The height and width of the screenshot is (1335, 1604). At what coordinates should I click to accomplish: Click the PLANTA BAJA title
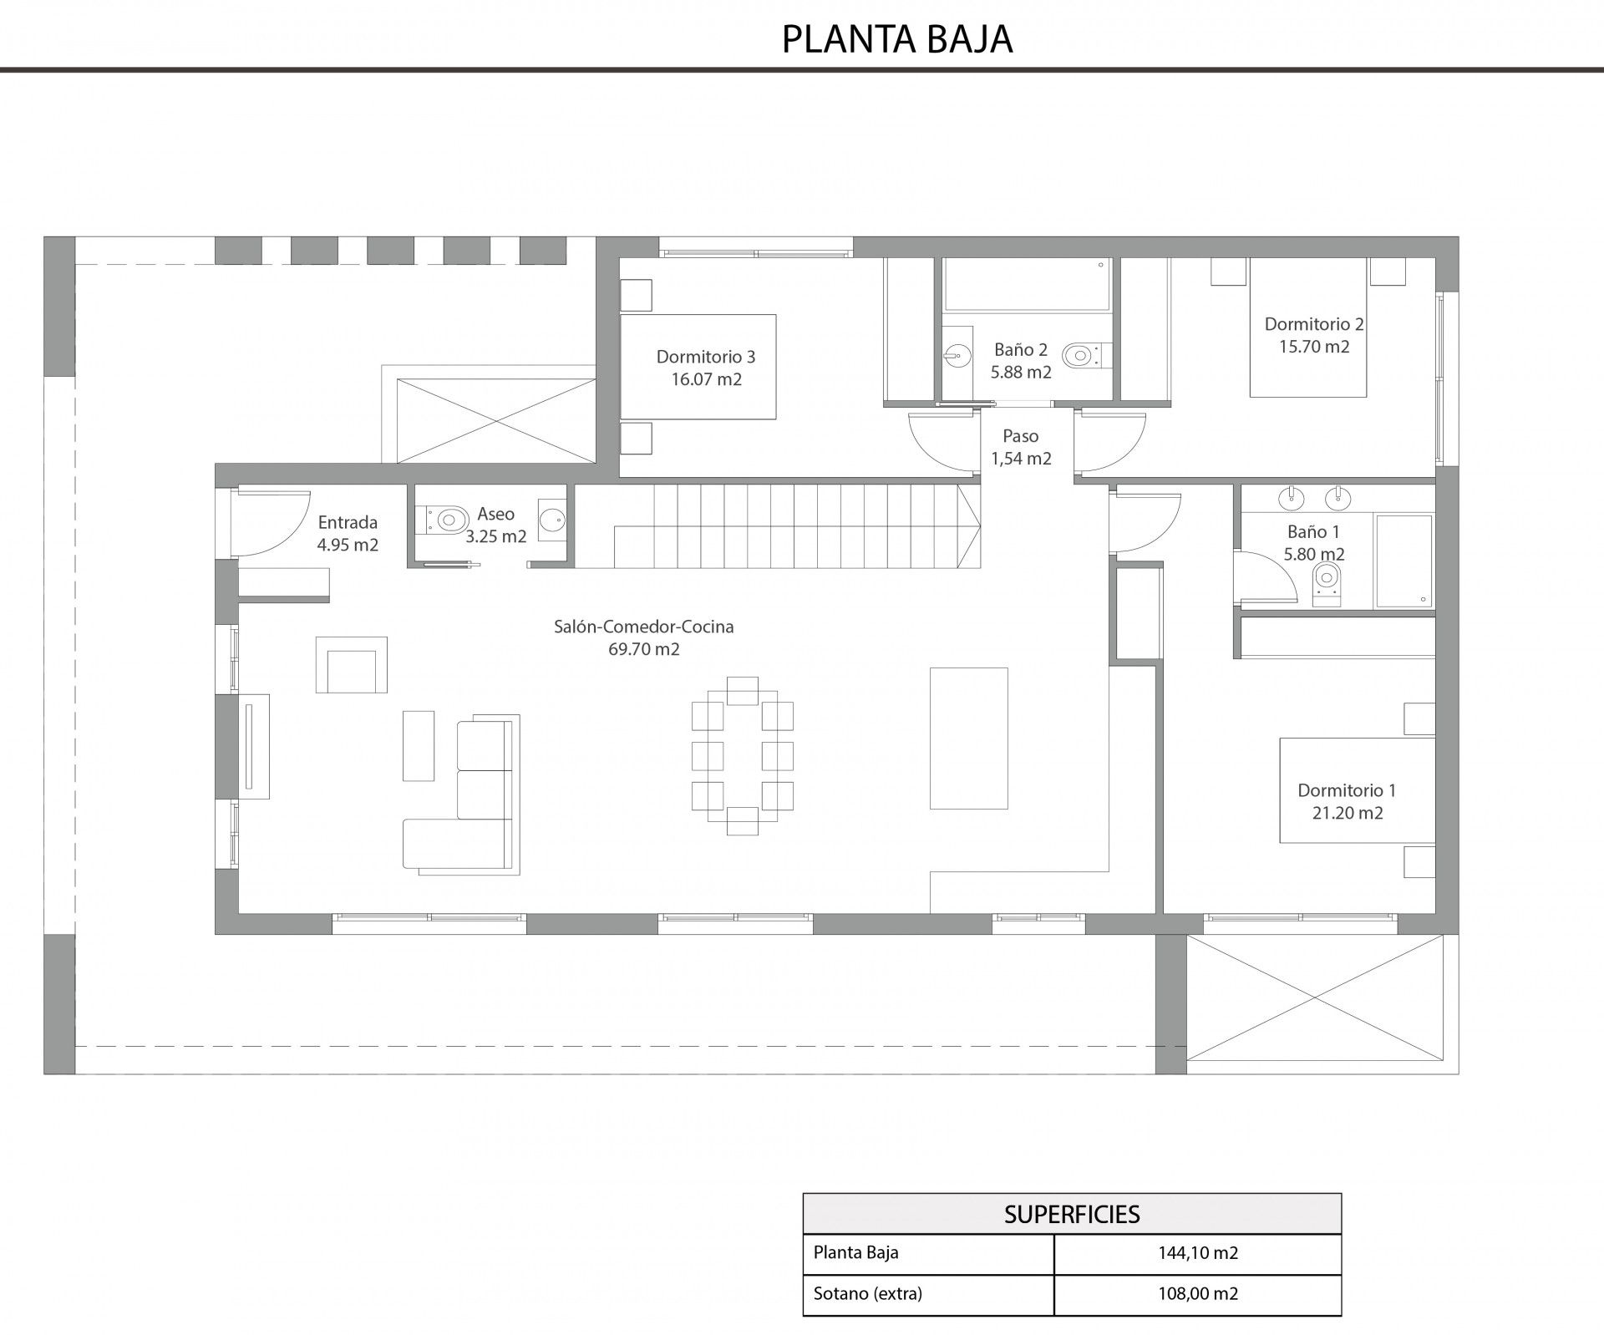(897, 39)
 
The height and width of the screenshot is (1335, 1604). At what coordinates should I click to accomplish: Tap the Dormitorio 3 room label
(706, 357)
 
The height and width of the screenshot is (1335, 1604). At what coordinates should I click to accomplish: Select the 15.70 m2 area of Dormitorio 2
(1314, 346)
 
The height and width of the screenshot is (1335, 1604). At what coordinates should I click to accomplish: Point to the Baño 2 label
(1021, 350)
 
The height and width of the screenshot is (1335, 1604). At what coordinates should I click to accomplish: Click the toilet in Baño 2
(1084, 356)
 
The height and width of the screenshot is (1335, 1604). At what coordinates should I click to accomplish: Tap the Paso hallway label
(1020, 436)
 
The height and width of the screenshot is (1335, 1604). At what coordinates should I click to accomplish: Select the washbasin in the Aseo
(552, 520)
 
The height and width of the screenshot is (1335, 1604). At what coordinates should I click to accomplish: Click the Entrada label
(348, 522)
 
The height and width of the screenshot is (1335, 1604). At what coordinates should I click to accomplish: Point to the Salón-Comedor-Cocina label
(644, 627)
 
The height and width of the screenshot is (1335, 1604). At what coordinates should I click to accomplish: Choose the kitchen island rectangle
(969, 739)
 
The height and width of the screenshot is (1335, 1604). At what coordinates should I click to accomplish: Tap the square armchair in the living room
(352, 665)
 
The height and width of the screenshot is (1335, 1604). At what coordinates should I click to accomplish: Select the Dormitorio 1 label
(1347, 790)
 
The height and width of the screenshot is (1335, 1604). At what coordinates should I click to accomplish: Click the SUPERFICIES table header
(1072, 1214)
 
